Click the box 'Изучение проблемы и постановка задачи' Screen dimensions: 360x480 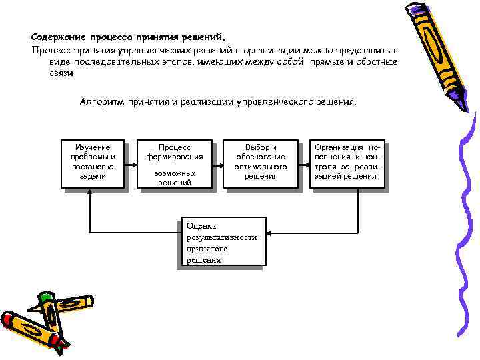click(x=93, y=164)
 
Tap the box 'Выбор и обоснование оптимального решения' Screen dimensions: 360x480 click(x=261, y=164)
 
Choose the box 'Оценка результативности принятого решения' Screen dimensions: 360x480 click(x=223, y=241)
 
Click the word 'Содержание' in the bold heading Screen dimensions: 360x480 click(x=57, y=37)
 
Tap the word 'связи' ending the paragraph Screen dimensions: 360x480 click(x=61, y=73)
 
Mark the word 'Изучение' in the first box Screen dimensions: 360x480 click(x=93, y=147)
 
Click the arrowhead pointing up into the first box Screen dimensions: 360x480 click(x=89, y=193)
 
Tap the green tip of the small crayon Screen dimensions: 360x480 click(x=45, y=296)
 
